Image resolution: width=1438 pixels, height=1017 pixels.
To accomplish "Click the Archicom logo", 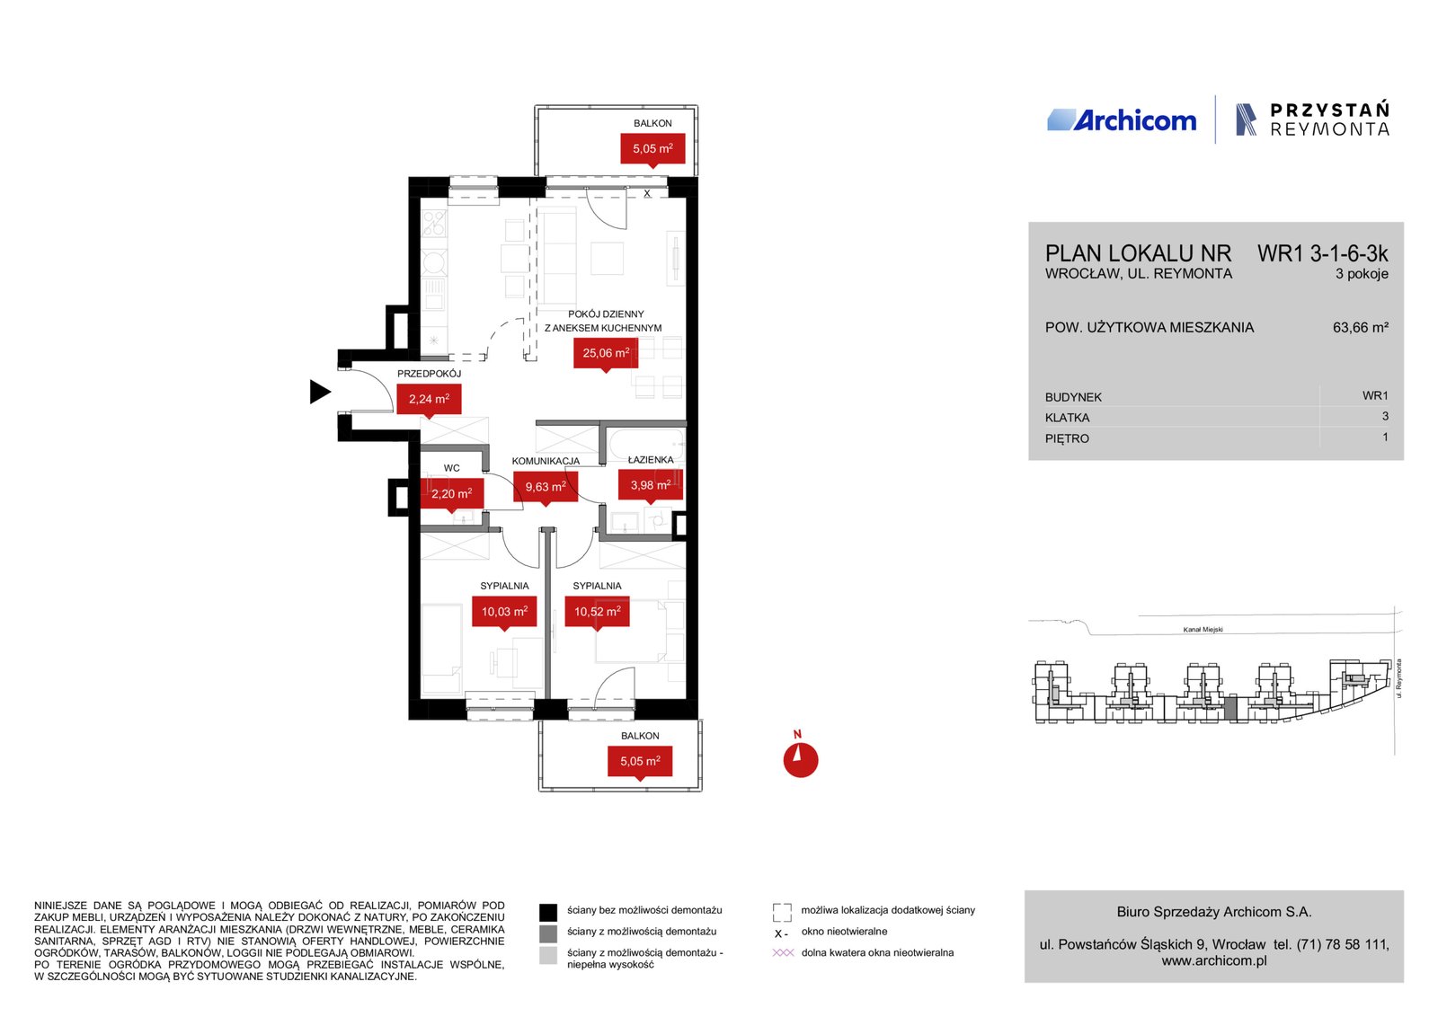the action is coord(1122,120).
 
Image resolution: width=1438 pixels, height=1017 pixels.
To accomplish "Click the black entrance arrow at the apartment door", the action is coord(320,392).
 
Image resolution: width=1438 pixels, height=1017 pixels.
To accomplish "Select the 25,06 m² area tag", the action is coord(606,354).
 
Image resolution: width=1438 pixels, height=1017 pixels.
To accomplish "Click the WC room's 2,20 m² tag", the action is coord(451,495).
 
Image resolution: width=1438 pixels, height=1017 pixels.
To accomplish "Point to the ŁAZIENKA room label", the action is coord(651,459).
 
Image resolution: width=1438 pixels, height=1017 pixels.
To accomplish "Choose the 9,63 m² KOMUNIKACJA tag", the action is coord(546,488).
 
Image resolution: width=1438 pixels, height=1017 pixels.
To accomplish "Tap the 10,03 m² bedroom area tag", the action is coord(504,613).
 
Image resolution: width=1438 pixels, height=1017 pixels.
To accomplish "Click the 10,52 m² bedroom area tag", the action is coord(597,613).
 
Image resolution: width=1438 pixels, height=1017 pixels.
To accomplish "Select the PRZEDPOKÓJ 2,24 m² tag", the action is coord(429,400).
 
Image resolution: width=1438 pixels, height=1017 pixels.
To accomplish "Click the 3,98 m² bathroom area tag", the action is coord(651,486).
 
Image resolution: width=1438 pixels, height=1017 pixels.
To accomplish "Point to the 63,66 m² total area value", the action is coord(1361,327).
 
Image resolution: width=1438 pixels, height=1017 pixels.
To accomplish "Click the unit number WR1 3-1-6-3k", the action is coord(1322,254).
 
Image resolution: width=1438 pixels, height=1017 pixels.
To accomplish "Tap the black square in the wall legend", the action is coord(547,913).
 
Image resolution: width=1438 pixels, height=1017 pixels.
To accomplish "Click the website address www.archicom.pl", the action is coord(1214,960).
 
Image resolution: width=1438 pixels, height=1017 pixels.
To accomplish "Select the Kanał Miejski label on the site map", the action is coord(1203,630).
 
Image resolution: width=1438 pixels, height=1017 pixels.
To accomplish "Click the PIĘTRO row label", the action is coord(1067,439).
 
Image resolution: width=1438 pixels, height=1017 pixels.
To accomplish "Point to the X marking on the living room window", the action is coord(647,193).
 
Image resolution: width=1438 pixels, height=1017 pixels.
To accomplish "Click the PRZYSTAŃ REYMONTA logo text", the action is coord(1329,120).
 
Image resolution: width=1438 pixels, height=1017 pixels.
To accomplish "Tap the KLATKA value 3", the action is coord(1385,417).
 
